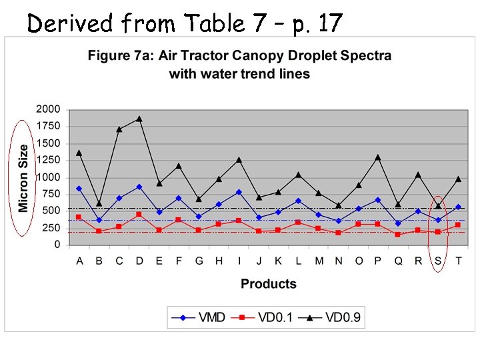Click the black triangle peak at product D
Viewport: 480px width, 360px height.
click(139, 119)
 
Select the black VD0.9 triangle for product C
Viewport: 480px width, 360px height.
click(119, 129)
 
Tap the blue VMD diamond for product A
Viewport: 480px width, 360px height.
click(79, 189)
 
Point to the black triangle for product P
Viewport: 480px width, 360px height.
click(378, 157)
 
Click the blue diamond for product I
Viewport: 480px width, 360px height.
click(239, 192)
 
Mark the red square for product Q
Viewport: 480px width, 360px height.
click(398, 235)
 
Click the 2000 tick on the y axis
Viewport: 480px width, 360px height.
click(48, 109)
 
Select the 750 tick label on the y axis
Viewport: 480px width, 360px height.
click(51, 194)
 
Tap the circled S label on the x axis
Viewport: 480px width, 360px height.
click(438, 261)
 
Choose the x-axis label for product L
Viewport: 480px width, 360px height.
click(298, 261)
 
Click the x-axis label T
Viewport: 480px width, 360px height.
click(458, 261)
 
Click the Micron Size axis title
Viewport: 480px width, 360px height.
click(24, 178)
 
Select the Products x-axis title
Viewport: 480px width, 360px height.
click(268, 284)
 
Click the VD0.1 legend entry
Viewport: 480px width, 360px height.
click(262, 317)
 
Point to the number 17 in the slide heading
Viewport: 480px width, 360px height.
click(330, 23)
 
